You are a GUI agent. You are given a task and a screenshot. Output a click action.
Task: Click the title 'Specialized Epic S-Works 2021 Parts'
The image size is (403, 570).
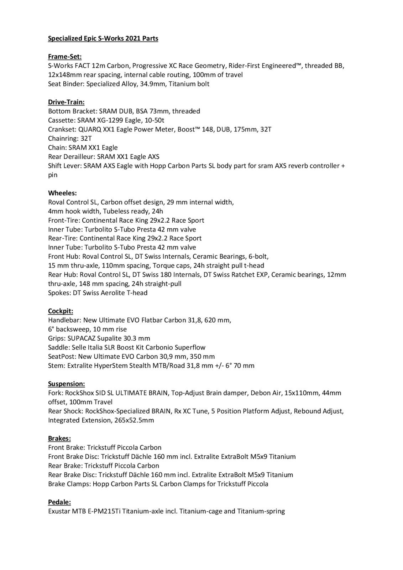click(x=103, y=38)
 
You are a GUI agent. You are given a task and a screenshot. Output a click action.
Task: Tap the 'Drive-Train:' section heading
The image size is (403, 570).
click(x=66, y=102)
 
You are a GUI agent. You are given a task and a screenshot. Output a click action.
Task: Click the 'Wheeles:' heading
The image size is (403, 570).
click(x=62, y=193)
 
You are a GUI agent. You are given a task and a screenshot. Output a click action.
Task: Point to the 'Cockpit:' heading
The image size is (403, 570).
click(x=61, y=311)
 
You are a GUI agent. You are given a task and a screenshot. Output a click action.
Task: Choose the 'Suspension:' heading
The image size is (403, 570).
click(x=67, y=384)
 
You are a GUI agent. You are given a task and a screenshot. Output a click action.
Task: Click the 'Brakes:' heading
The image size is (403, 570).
click(x=59, y=438)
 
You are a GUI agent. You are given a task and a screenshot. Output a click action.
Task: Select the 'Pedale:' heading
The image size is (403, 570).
click(x=59, y=502)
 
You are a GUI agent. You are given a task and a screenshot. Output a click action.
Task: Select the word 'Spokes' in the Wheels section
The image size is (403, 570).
click(x=58, y=293)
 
